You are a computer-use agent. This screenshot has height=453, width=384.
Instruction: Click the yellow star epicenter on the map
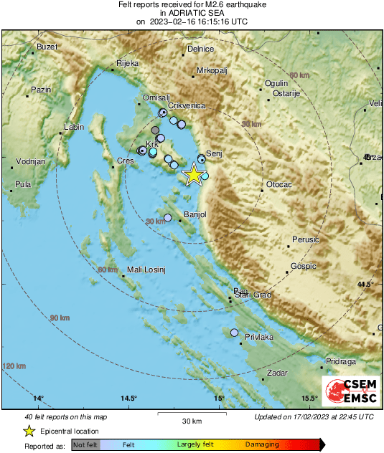click(193, 175)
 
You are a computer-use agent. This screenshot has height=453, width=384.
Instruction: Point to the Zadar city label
click(276, 373)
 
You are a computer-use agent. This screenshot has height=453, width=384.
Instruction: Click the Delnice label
click(200, 49)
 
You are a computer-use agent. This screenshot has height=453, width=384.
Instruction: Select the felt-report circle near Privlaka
click(235, 333)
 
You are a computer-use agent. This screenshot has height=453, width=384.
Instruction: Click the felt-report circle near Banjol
click(168, 217)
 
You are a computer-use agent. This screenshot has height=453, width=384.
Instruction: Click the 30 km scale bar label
click(192, 420)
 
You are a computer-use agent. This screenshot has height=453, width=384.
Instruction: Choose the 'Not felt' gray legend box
click(85, 445)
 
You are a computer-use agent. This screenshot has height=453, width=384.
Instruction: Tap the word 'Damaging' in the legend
click(262, 445)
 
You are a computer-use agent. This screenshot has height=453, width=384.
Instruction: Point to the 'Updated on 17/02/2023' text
click(314, 416)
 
